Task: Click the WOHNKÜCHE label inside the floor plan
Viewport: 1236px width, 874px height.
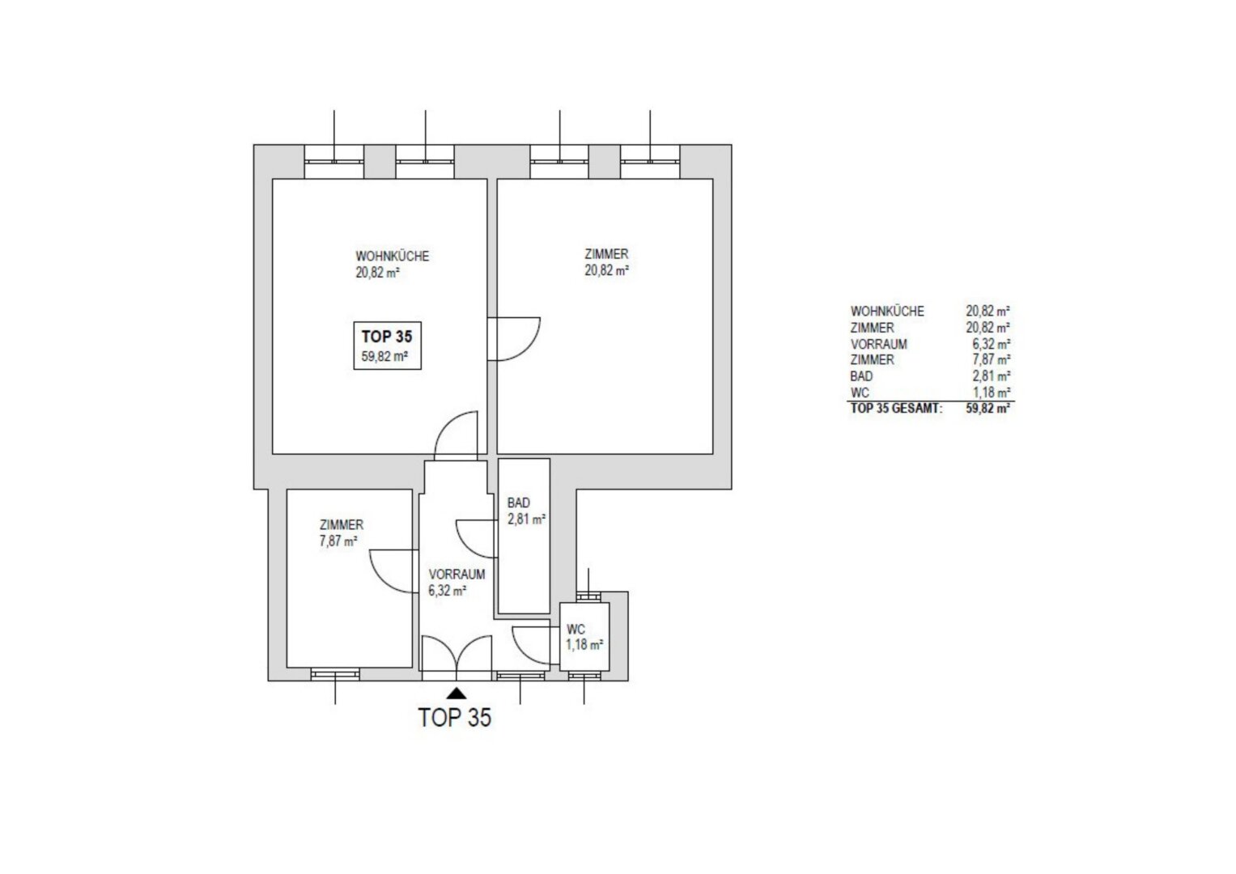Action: [x=392, y=256]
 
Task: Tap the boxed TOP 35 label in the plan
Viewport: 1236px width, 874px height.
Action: [x=387, y=337]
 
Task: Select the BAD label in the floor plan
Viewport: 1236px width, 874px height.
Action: [x=518, y=503]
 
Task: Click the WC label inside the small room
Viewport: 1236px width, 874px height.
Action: [x=576, y=629]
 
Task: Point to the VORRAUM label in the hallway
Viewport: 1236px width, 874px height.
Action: [x=457, y=575]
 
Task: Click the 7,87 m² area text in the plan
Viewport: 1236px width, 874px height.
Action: [x=338, y=541]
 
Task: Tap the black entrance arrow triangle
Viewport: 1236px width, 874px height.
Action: [x=456, y=693]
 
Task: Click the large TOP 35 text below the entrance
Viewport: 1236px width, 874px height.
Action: [x=455, y=717]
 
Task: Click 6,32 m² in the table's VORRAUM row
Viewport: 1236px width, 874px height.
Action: [x=991, y=344]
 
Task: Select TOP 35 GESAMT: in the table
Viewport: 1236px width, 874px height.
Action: [x=897, y=409]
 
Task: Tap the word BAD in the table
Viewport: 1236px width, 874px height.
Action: [x=861, y=376]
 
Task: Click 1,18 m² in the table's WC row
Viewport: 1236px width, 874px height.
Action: [x=991, y=392]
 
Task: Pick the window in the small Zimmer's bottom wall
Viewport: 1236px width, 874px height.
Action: [x=335, y=673]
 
